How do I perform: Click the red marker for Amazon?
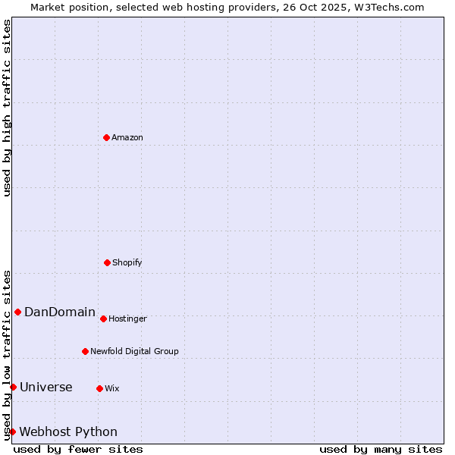pyautogui.click(x=106, y=137)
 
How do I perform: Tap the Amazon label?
pyautogui.click(x=127, y=138)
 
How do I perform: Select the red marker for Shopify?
pyautogui.click(x=107, y=262)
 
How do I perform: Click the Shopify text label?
pyautogui.click(x=127, y=263)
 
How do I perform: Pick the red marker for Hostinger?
pyautogui.click(x=103, y=318)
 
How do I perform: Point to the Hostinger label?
pyautogui.click(x=127, y=319)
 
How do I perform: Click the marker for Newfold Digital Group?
pyautogui.click(x=85, y=351)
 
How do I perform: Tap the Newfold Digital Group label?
pyautogui.click(x=134, y=352)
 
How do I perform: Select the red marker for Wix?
pyautogui.click(x=99, y=388)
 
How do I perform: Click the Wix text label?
pyautogui.click(x=112, y=389)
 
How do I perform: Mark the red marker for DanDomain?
pyautogui.click(x=17, y=312)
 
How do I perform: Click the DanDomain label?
pyautogui.click(x=60, y=312)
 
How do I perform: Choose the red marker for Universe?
pyautogui.click(x=13, y=387)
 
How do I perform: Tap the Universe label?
pyautogui.click(x=46, y=388)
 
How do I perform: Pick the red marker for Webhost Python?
pyautogui.click(x=12, y=431)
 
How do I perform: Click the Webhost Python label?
pyautogui.click(x=68, y=432)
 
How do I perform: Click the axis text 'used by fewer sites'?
pyautogui.click(x=78, y=449)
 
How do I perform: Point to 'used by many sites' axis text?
pyautogui.click(x=381, y=449)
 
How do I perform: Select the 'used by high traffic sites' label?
pyautogui.click(x=7, y=108)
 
